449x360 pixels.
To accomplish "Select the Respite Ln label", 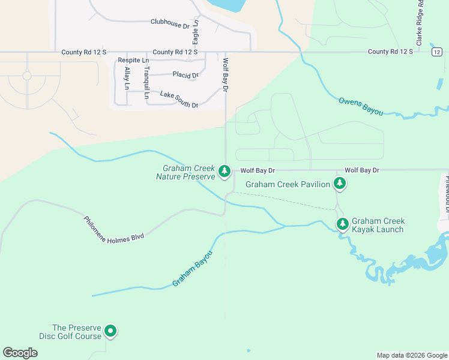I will tap(133, 61).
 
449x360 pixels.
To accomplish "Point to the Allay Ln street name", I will tap(127, 79).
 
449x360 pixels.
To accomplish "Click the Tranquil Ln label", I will tap(146, 79).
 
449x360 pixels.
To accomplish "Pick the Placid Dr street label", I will tap(185, 75).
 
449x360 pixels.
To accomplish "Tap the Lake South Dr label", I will tap(179, 100).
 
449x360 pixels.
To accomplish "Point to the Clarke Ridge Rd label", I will tap(420, 23).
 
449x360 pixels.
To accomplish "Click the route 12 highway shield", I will tap(436, 53).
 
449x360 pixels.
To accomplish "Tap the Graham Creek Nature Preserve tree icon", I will tap(224, 172).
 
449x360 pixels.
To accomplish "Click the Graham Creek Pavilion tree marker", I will tap(340, 184).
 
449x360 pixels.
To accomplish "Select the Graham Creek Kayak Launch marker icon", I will tap(342, 224).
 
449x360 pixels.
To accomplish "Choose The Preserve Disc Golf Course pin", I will tap(110, 331).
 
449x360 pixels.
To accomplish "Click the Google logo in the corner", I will tap(20, 353).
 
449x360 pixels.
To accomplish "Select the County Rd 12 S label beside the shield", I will tap(391, 52).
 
